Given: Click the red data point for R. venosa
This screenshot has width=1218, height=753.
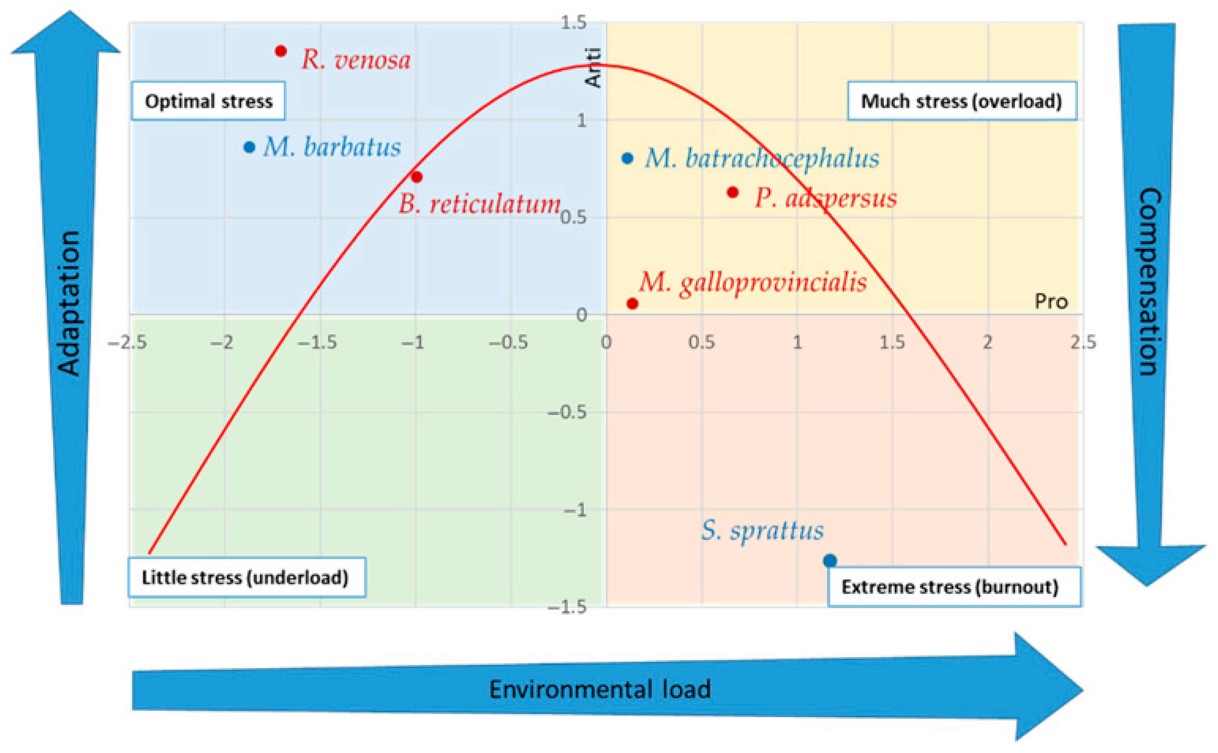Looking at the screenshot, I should tap(281, 51).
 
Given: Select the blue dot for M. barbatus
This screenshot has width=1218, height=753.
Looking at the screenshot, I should tap(249, 147).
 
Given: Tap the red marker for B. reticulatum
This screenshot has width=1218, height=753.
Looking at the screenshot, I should tap(417, 177).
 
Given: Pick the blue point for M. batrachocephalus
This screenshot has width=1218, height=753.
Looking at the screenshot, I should tap(628, 158).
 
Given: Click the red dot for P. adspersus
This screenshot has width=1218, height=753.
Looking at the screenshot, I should tap(732, 192).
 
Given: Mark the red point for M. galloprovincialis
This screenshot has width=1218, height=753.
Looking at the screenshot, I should tap(632, 303).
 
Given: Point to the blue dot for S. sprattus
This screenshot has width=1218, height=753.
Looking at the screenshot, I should tap(830, 561).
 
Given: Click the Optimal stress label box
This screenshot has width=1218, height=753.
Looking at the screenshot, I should tap(208, 102).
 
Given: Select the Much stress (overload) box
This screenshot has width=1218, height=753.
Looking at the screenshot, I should tap(962, 102).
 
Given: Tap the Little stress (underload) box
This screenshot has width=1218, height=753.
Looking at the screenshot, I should tap(246, 578).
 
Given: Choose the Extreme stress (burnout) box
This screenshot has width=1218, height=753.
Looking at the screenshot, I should tap(953, 587).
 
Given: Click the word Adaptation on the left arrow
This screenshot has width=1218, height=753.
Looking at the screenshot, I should tap(69, 302).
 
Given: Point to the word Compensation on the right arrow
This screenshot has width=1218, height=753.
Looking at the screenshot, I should tap(1149, 281).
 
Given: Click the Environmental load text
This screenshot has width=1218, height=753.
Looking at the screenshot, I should tap(600, 690).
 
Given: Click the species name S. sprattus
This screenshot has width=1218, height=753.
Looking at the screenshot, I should tap(762, 531).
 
